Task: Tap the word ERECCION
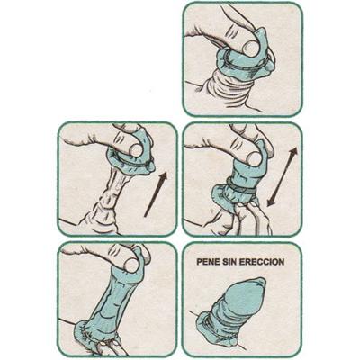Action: [x=262, y=262]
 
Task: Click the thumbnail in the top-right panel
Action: [x=251, y=48]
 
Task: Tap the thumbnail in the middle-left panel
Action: [x=136, y=149]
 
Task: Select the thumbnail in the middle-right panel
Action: [x=254, y=158]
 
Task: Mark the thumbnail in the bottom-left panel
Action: [x=131, y=265]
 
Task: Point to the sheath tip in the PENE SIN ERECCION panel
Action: [x=259, y=283]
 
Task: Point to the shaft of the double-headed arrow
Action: [x=282, y=176]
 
